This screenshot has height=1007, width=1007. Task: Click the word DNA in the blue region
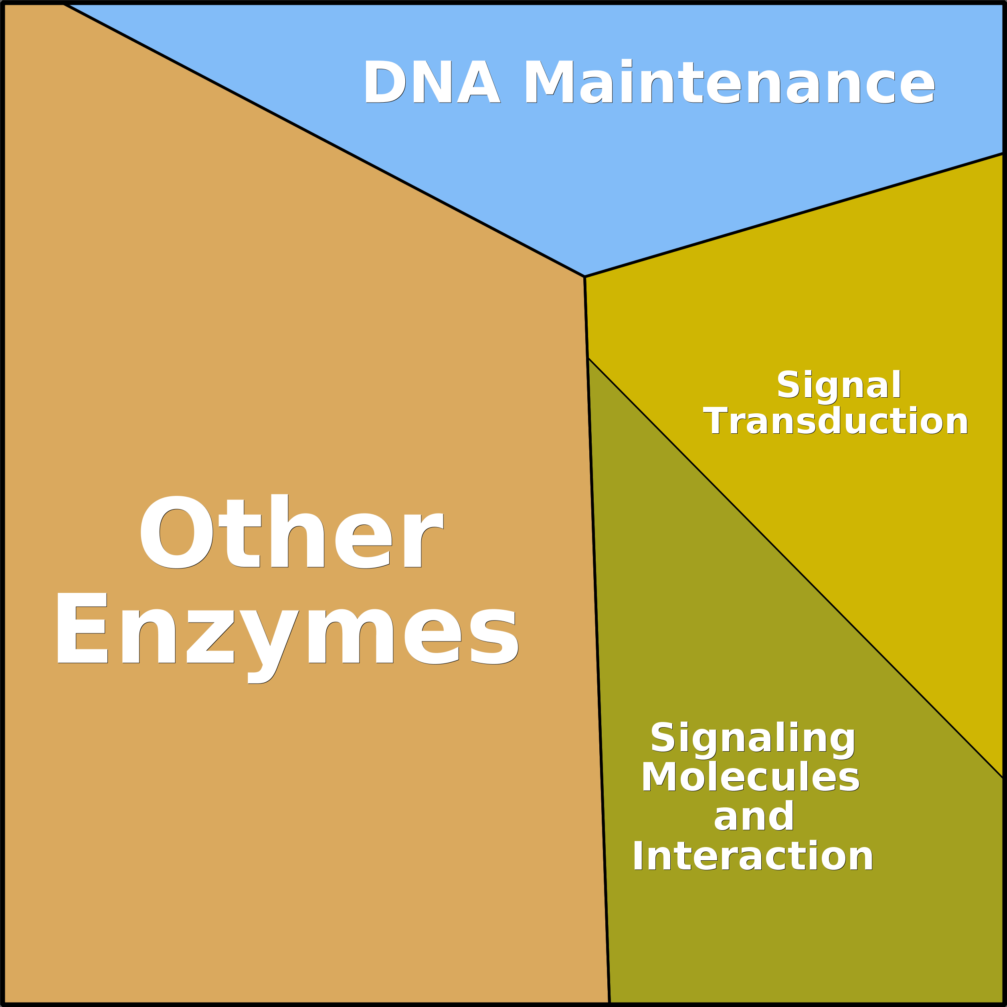tap(433, 82)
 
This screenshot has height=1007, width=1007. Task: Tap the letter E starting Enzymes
tap(82, 627)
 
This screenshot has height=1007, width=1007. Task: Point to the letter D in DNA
tap(385, 82)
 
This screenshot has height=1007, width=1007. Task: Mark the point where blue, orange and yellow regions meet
tap(584, 276)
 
